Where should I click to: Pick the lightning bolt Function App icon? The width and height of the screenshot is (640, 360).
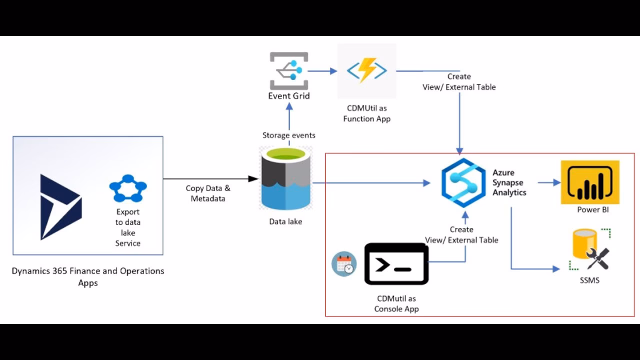tap(366, 70)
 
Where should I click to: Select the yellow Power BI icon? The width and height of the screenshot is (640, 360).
tap(590, 182)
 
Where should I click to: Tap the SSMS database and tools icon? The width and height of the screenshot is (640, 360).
tap(590, 250)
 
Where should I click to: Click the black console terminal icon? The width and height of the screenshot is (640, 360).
tap(396, 264)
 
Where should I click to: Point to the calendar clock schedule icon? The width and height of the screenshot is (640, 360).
tap(344, 264)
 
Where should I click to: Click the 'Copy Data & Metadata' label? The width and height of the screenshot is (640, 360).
tap(208, 193)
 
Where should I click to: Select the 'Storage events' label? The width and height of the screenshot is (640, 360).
tap(289, 135)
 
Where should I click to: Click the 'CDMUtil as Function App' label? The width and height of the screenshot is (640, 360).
tap(366, 113)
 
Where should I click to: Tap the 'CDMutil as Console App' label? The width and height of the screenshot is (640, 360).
tap(396, 303)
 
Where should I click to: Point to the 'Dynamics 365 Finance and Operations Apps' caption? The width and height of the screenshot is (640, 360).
tap(88, 276)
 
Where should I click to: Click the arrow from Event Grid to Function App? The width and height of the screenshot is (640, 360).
tap(322, 71)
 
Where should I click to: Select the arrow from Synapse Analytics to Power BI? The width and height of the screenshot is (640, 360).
tap(549, 183)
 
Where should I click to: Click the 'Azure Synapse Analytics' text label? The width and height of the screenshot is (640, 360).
tap(509, 182)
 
